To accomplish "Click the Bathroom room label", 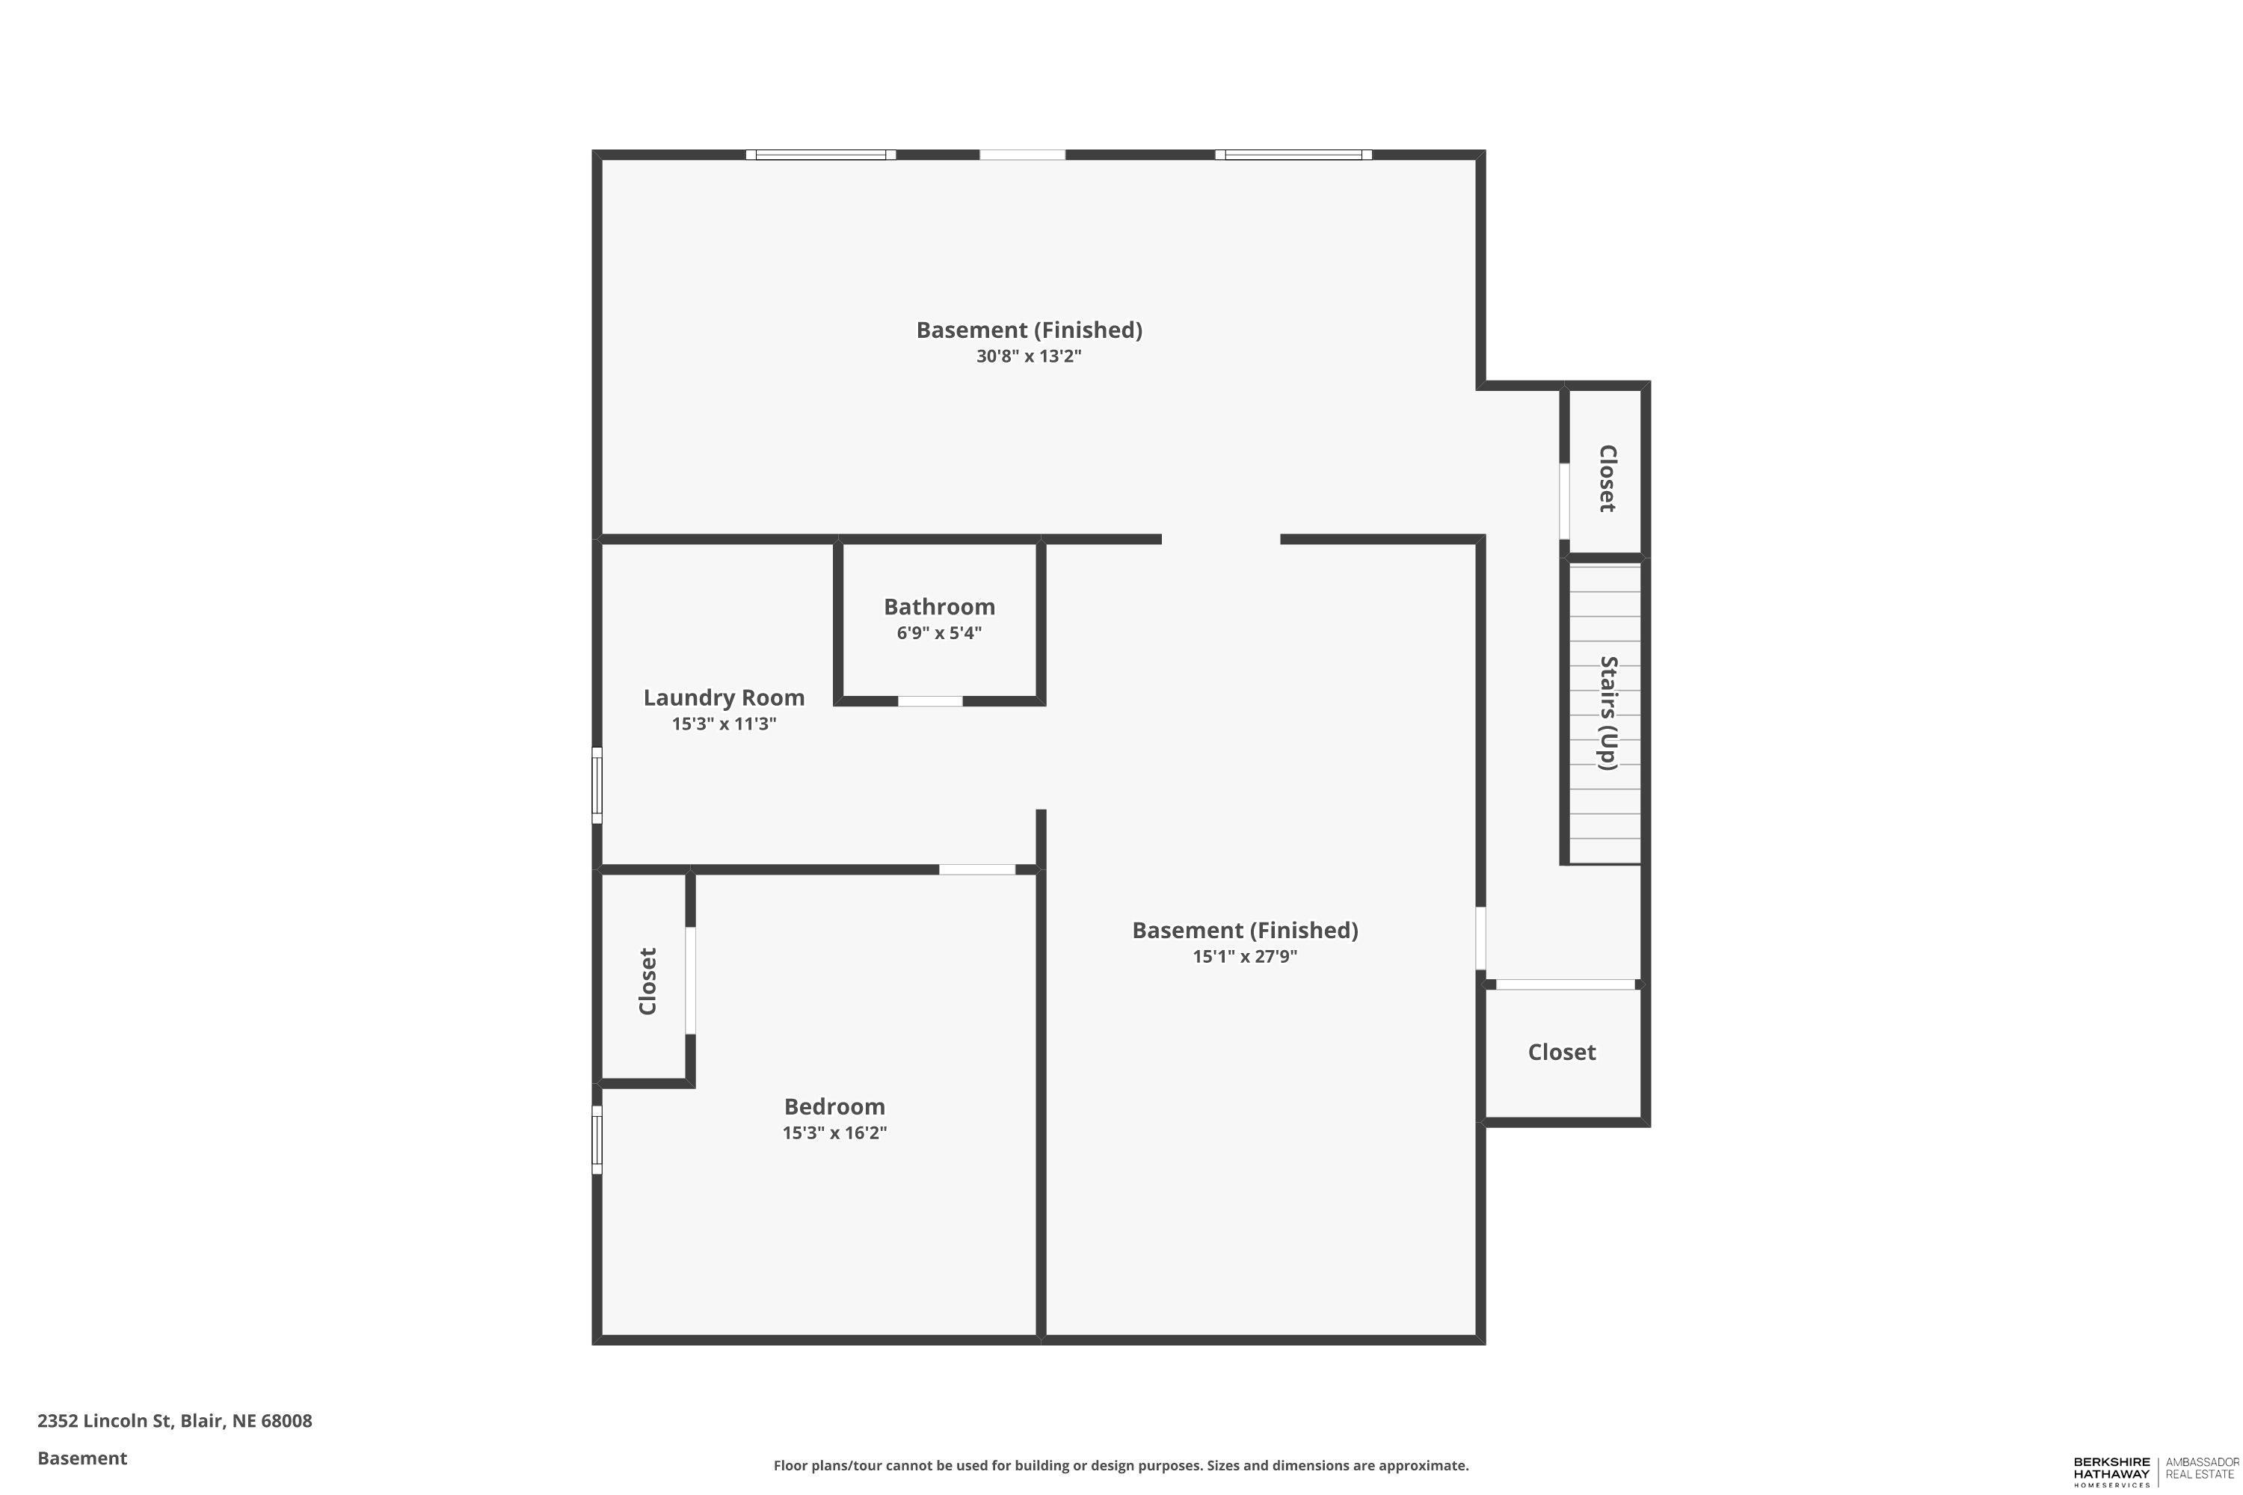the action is (x=939, y=606).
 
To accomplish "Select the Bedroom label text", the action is (x=834, y=1106).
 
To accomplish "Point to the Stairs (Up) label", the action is (x=1608, y=713).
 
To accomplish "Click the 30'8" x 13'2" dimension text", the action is (x=1029, y=357).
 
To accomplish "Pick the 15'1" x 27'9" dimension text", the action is (x=1245, y=956).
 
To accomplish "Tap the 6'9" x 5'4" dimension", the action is (x=939, y=633).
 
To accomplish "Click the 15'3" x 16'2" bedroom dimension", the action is (x=834, y=1132).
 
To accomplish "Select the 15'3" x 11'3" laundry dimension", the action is (x=724, y=724).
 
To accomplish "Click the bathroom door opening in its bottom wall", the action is (x=930, y=701).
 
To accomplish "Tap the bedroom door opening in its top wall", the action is (x=976, y=869).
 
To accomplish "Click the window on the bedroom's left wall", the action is (x=597, y=1139).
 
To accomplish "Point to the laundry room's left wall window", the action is (x=597, y=786).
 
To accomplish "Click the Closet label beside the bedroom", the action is (x=647, y=981).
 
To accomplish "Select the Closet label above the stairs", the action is (x=1608, y=478).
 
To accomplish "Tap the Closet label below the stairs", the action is (x=1561, y=1052).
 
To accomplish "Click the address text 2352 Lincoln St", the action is (x=104, y=1421).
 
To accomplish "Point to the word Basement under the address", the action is (x=82, y=1458).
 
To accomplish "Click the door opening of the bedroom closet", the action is (x=690, y=980).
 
